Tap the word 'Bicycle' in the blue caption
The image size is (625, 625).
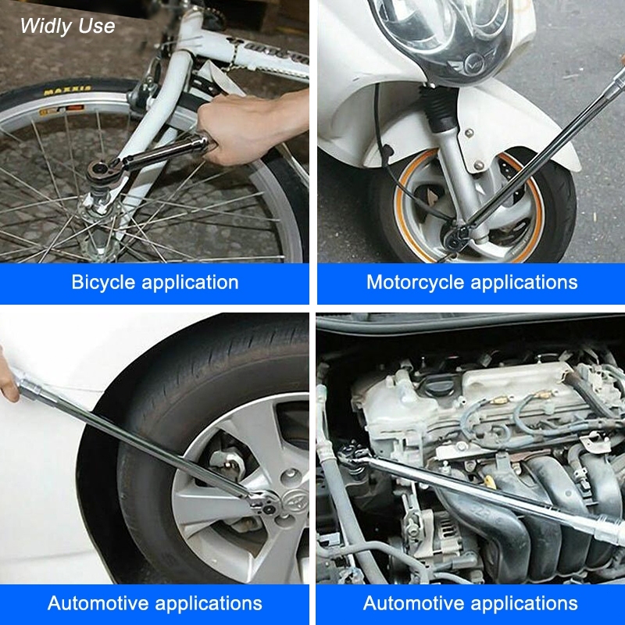tap(104, 283)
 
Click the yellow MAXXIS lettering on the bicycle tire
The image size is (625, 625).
tap(67, 91)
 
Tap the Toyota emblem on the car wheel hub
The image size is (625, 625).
tap(295, 501)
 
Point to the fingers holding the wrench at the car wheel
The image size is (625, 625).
tap(8, 377)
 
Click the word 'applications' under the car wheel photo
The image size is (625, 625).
tap(209, 604)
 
